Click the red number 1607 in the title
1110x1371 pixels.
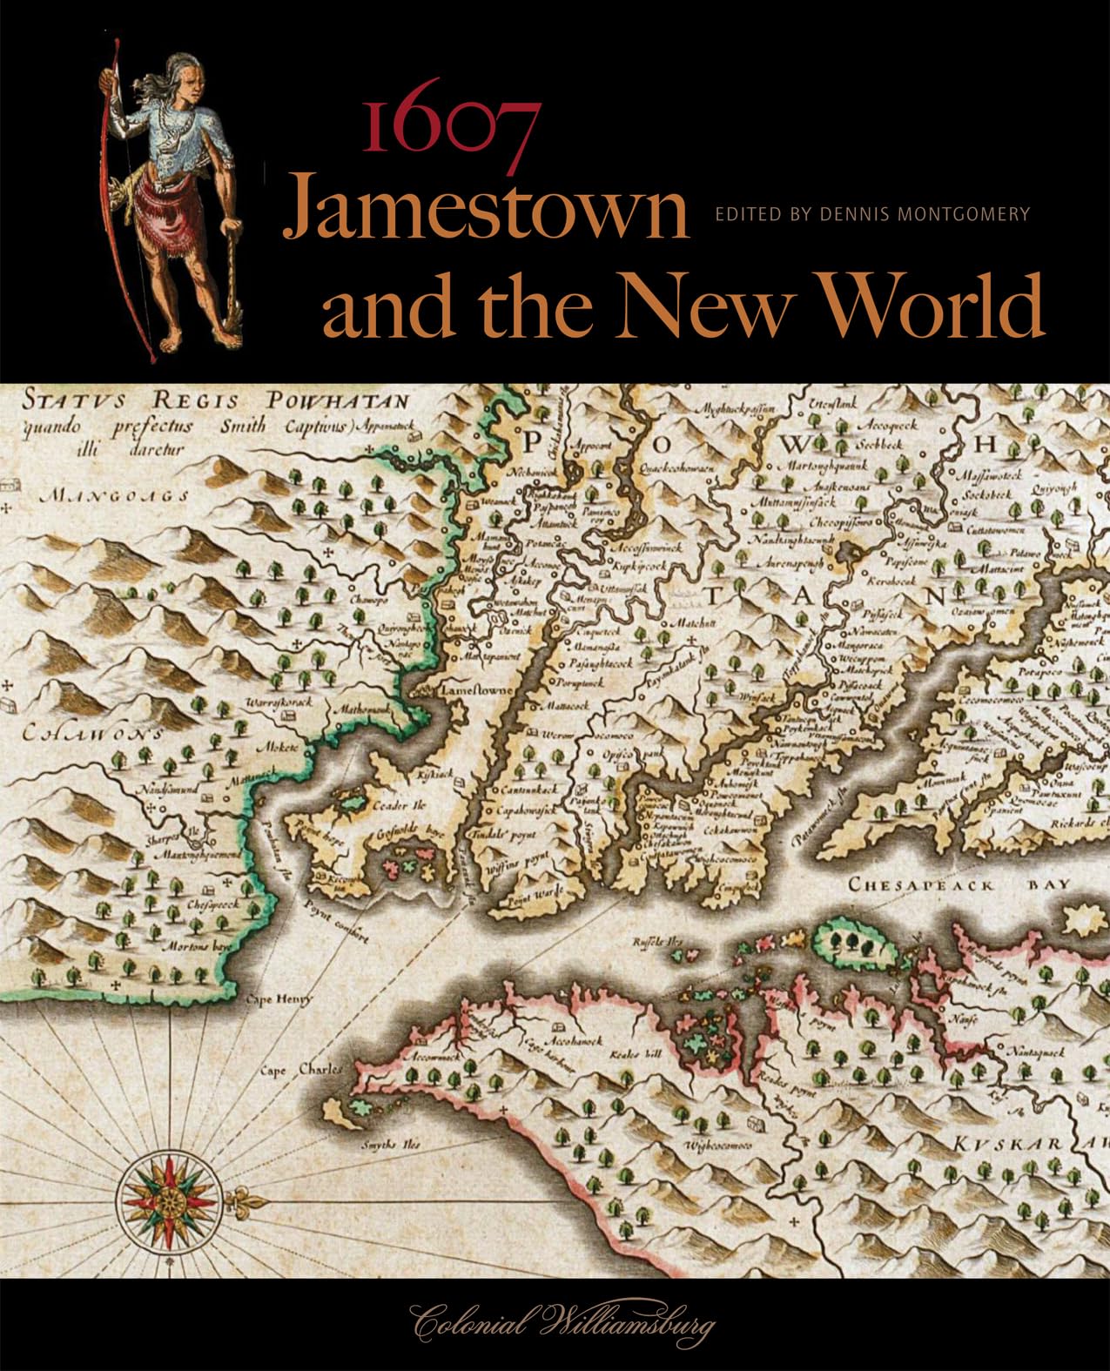pos(449,127)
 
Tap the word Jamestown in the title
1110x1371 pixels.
pos(486,207)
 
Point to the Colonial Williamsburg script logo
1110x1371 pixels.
pos(562,1325)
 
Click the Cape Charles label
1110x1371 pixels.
pos(300,1070)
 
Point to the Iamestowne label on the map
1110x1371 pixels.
pos(479,689)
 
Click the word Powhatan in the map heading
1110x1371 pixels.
pos(338,401)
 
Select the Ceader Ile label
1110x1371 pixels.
pos(396,805)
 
